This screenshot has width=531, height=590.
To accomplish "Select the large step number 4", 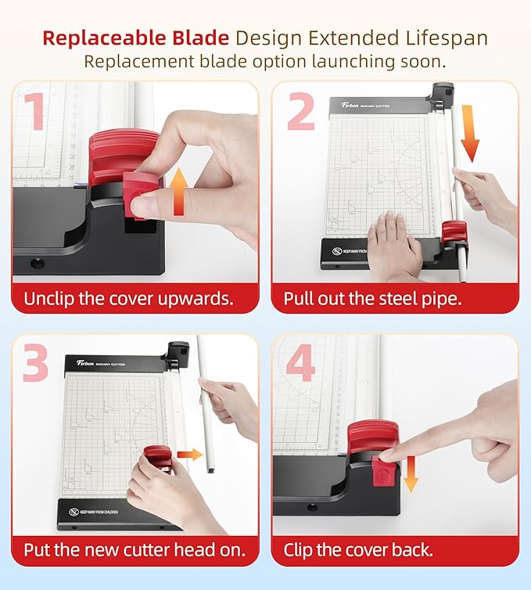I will click(x=301, y=362).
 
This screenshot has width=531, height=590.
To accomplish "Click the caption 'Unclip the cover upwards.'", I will click(x=128, y=299).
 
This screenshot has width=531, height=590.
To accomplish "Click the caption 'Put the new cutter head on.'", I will click(x=128, y=549).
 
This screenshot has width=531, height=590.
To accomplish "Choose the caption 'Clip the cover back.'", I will click(x=358, y=549).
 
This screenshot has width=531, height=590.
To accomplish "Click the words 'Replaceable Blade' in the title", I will click(x=136, y=37).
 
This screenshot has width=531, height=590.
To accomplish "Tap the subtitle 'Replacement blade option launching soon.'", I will click(x=265, y=61).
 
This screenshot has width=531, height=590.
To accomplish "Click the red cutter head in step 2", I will click(x=454, y=232).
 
